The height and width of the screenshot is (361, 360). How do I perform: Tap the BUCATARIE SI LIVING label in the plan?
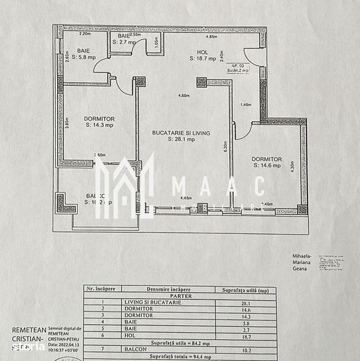[x=181, y=133]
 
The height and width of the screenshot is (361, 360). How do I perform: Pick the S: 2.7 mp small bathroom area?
[x=123, y=42]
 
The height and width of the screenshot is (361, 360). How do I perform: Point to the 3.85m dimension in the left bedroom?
[x=67, y=122]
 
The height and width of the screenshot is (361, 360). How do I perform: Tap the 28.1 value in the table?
[x=245, y=302]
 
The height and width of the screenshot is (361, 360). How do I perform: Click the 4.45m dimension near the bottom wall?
[x=187, y=199]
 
